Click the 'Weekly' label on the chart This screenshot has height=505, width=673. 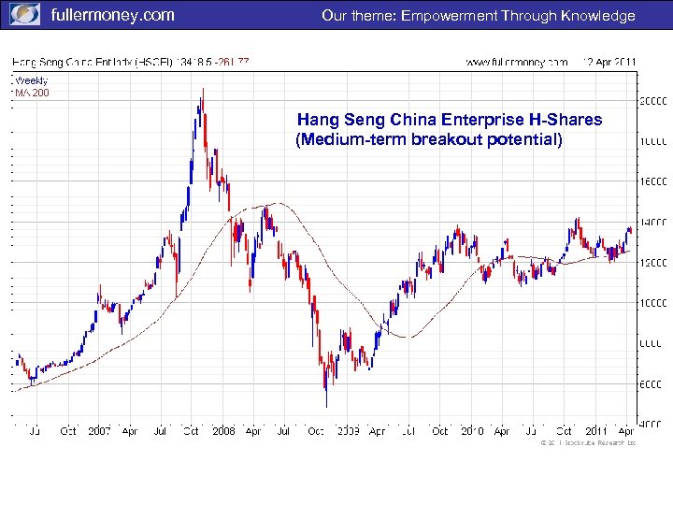click(30, 80)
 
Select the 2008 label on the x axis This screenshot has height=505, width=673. click(223, 431)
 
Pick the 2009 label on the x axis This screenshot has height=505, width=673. click(348, 431)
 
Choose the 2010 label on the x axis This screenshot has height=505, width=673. click(471, 431)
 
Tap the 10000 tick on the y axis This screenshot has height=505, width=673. click(652, 302)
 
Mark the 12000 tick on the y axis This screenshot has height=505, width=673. click(652, 262)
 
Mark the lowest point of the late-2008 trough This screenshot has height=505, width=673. click(326, 405)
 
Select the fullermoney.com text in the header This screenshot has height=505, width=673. click(111, 15)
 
